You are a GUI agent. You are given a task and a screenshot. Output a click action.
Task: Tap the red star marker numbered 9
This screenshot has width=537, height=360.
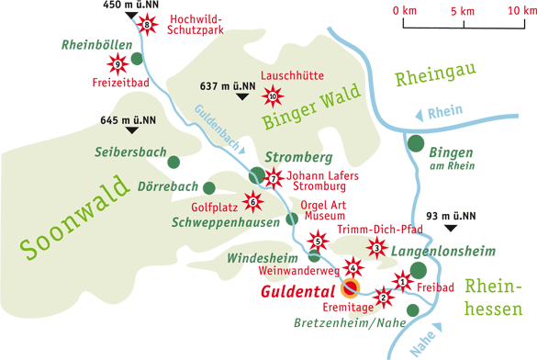[x=116, y=63]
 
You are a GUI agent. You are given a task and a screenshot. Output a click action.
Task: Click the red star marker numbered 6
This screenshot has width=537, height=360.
[x=253, y=201]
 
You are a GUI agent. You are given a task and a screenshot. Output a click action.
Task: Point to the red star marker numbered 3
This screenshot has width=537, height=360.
[x=375, y=246]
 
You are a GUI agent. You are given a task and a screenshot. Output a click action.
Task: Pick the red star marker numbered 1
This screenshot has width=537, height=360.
[x=402, y=280]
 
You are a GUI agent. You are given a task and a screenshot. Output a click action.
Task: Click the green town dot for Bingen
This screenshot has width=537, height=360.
[x=416, y=144]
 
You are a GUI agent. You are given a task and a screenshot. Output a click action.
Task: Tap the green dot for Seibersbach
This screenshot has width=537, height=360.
[x=173, y=162]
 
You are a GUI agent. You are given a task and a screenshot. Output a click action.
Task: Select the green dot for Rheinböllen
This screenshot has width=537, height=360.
[x=137, y=59]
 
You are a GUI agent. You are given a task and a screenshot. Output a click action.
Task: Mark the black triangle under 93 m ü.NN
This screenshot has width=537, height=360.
[x=450, y=228]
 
